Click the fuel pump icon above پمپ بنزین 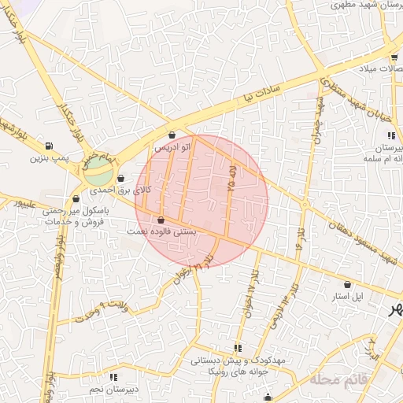pos(50,146)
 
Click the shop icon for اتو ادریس pos(172,135)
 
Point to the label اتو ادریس pos(172,147)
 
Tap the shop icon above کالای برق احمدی pos(120,178)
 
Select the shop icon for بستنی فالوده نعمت pos(161,220)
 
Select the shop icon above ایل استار pos(348,284)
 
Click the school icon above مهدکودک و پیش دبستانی pos(237,348)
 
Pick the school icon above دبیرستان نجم pos(115,376)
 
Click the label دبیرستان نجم pos(113,389)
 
